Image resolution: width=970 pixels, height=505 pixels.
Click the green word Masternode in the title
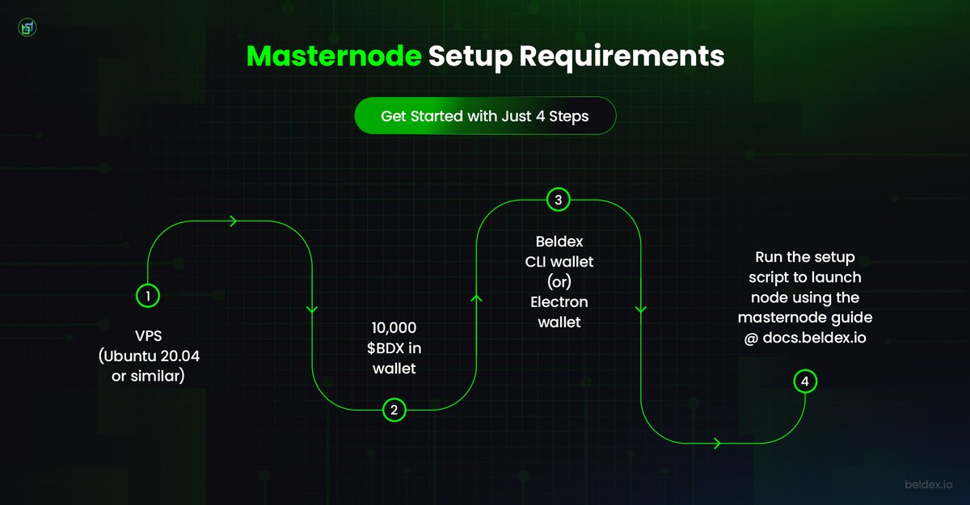pyautogui.click(x=334, y=57)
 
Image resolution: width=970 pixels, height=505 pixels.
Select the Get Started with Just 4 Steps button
pyautogui.click(x=485, y=116)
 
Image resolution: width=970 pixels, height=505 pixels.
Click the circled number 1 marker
pyautogui.click(x=148, y=296)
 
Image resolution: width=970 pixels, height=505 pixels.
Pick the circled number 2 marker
pyautogui.click(x=394, y=410)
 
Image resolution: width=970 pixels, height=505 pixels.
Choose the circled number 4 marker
pyautogui.click(x=804, y=381)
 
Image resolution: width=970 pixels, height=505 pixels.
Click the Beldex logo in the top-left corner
pyautogui.click(x=27, y=27)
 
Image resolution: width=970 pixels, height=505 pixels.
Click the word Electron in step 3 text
pyautogui.click(x=559, y=302)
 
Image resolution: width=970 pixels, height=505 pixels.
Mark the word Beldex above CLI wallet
pyautogui.click(x=559, y=242)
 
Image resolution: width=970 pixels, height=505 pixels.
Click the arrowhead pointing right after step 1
pyautogui.click(x=234, y=221)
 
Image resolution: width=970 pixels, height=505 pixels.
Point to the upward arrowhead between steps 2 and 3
pyautogui.click(x=476, y=300)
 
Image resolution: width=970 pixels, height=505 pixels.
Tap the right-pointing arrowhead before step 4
pyautogui.click(x=717, y=443)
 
